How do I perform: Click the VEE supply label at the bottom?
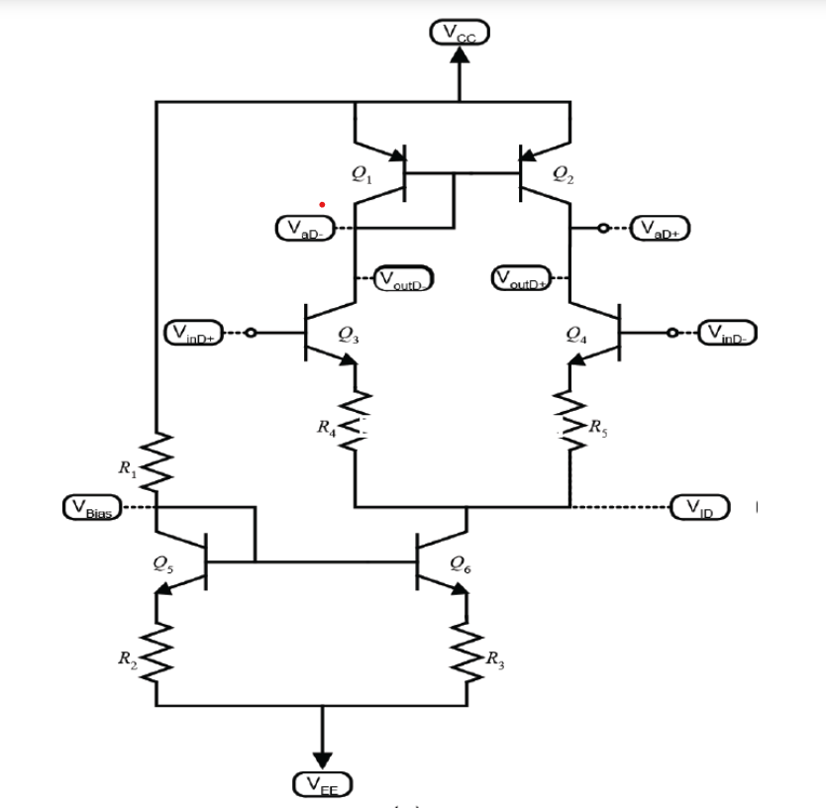(x=321, y=785)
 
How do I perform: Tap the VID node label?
(x=700, y=507)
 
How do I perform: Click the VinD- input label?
(x=728, y=333)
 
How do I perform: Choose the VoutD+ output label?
(x=521, y=277)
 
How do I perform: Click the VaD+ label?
(x=660, y=230)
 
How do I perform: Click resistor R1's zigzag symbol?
(x=156, y=461)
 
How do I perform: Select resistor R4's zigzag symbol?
(x=355, y=426)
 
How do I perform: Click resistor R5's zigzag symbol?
(x=570, y=426)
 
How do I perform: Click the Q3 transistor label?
(x=348, y=337)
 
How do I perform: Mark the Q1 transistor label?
(x=361, y=174)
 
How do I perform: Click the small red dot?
(x=322, y=205)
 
